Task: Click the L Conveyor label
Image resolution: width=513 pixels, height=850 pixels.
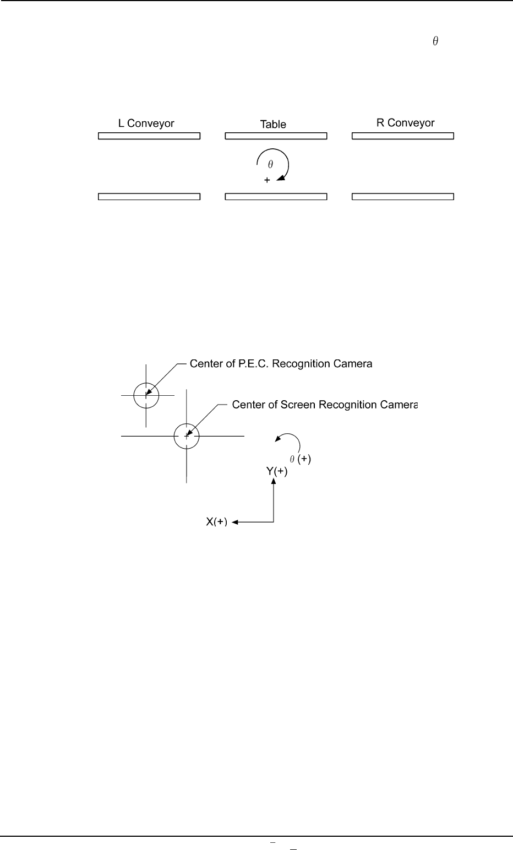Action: click(146, 123)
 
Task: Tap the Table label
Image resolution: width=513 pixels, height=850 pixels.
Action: click(273, 125)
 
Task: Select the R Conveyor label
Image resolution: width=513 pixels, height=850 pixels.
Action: click(405, 123)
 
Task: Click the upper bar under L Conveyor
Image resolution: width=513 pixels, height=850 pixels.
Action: click(149, 136)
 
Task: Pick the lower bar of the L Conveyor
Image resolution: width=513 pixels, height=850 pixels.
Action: click(149, 196)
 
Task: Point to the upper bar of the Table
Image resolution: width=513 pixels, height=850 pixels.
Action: click(276, 136)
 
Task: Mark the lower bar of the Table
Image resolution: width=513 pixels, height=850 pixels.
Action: click(276, 196)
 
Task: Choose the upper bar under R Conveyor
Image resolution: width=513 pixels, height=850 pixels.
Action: click(402, 136)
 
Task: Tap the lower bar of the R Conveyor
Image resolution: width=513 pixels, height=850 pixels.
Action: click(402, 196)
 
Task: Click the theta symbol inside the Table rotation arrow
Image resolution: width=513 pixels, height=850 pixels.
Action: click(270, 164)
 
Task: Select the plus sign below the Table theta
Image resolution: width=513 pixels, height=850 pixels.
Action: click(267, 180)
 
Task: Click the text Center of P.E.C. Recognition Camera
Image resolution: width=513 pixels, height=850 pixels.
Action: click(281, 364)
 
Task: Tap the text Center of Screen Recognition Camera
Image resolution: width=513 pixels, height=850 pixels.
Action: click(325, 405)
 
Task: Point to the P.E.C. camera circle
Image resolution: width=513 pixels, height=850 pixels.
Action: click(146, 395)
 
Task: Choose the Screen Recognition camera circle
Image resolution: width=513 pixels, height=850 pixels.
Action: click(187, 436)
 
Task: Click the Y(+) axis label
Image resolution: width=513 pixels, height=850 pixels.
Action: click(273, 472)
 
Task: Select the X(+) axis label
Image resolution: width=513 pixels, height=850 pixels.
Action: click(217, 522)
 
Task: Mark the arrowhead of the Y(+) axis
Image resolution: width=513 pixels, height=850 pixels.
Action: click(273, 481)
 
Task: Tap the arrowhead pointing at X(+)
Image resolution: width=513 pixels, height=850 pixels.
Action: click(234, 522)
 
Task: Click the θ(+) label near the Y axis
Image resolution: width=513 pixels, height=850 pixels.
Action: click(301, 459)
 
